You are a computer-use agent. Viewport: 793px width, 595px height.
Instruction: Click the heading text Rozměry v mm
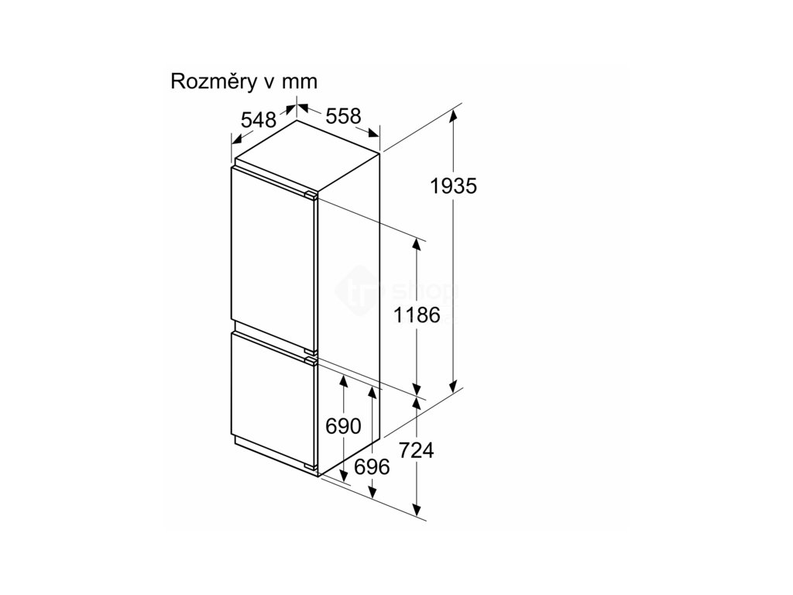point(244,82)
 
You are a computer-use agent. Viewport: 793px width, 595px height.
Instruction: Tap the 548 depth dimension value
point(259,120)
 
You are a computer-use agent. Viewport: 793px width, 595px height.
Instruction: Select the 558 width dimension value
point(343,116)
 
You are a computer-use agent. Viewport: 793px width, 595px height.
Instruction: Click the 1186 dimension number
point(416,315)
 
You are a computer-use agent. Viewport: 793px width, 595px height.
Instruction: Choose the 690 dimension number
point(343,426)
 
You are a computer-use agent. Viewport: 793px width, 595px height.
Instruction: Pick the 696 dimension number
point(372,466)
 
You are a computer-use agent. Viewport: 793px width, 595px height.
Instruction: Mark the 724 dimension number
point(417,450)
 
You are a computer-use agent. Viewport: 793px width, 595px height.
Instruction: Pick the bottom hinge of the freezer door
point(311,467)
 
